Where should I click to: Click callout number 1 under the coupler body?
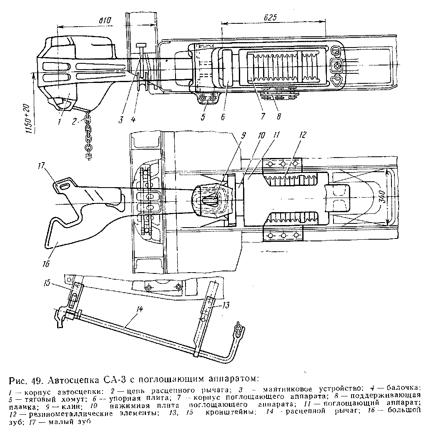tap(59, 122)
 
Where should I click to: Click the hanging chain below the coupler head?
tap(89, 135)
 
